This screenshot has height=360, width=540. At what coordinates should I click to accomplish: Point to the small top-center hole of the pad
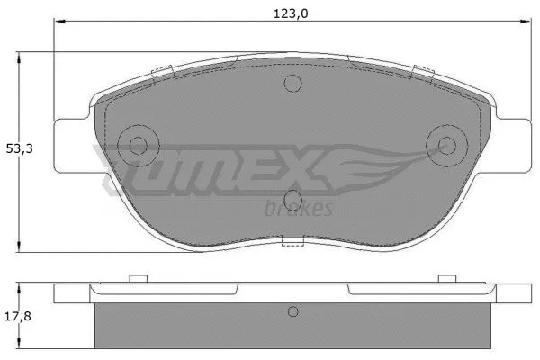click(291, 85)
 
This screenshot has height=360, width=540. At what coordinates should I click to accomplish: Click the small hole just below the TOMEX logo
click(291, 200)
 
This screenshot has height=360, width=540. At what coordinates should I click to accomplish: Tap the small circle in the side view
click(291, 312)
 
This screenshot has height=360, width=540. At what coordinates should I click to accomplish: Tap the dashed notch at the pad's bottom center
click(293, 242)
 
